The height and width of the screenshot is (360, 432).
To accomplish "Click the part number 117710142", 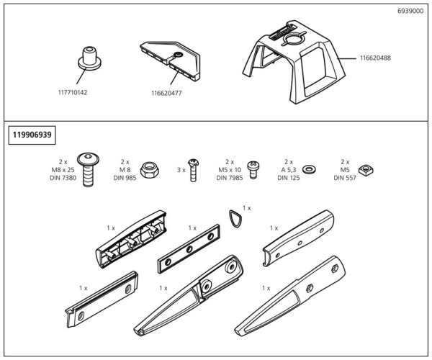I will (72, 92).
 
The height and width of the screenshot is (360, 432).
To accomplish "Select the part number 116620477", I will (166, 92).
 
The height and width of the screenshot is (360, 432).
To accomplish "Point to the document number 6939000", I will (410, 12).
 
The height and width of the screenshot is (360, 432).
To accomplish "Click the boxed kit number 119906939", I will (32, 134).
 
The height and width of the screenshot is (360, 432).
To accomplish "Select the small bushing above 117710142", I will (88, 57).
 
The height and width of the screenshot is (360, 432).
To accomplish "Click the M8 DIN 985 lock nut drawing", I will (152, 170).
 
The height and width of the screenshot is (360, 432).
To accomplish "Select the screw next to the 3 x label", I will (192, 170).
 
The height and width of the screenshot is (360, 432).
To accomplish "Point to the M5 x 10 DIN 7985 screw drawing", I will (253, 169).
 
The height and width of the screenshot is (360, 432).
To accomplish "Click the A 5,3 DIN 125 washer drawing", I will (310, 169).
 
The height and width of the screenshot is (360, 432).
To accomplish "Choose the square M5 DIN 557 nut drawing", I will (364, 170).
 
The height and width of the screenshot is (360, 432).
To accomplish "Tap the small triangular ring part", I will (233, 217).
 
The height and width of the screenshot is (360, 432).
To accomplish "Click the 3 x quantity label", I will (181, 170).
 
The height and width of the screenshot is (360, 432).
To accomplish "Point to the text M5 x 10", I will (230, 170).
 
